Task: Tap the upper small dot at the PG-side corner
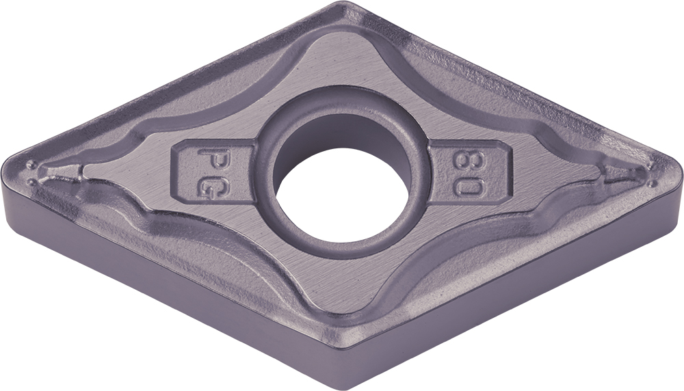click(31, 165)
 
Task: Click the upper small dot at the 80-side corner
click(653, 165)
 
